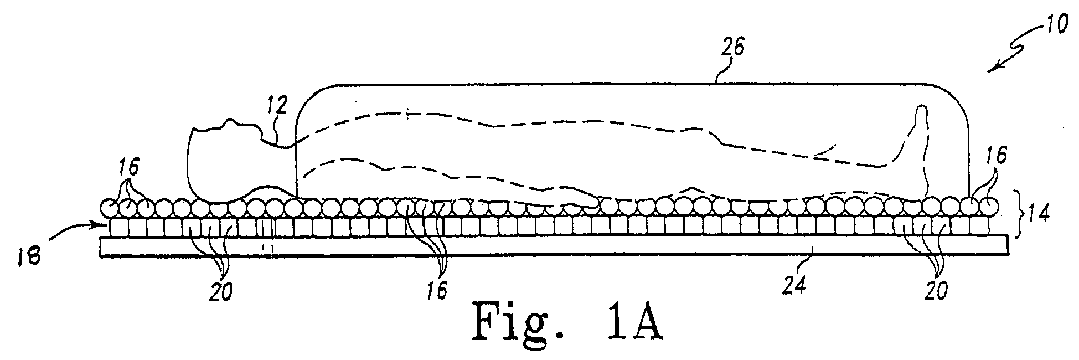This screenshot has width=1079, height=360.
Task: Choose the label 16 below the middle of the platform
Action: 437,291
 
